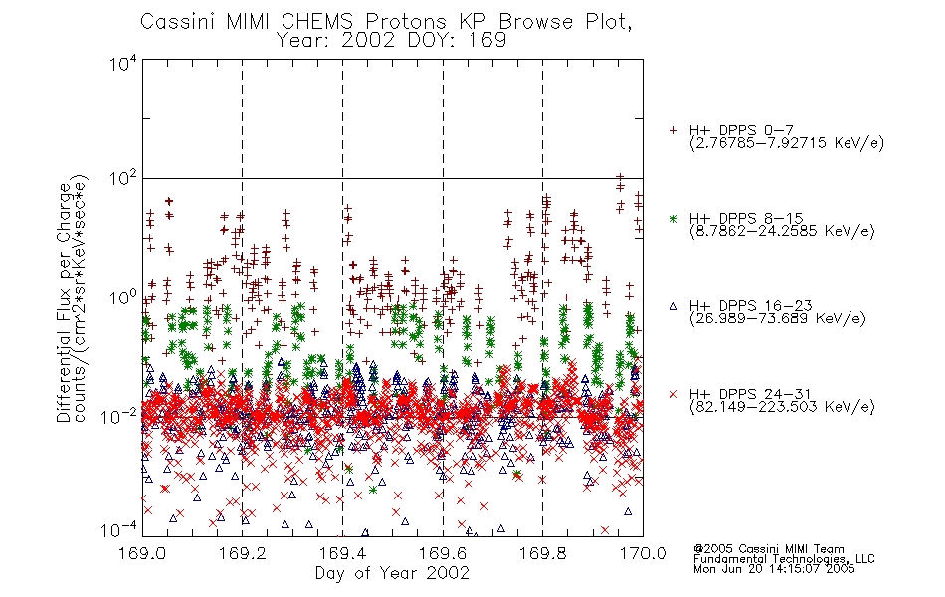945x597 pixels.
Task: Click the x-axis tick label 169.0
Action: coord(142,553)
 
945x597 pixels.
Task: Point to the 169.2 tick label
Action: coord(243,553)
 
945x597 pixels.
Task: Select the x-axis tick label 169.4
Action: coord(342,553)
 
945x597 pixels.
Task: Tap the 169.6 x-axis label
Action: coord(443,553)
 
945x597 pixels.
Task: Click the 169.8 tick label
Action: coord(542,553)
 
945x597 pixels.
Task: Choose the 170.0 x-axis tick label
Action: coord(643,553)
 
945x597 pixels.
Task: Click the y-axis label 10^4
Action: coord(123,64)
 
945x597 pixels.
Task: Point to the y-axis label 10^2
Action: coord(123,179)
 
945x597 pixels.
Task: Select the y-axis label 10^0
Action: coord(123,298)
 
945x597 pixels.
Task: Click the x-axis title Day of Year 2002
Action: coord(392,573)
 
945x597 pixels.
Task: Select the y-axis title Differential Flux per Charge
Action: coord(64,302)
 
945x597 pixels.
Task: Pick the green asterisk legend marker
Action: coord(673,219)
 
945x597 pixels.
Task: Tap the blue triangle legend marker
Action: coord(673,306)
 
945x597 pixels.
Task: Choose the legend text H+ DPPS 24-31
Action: coord(750,394)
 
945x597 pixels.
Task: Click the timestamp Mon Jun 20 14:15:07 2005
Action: coord(774,569)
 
